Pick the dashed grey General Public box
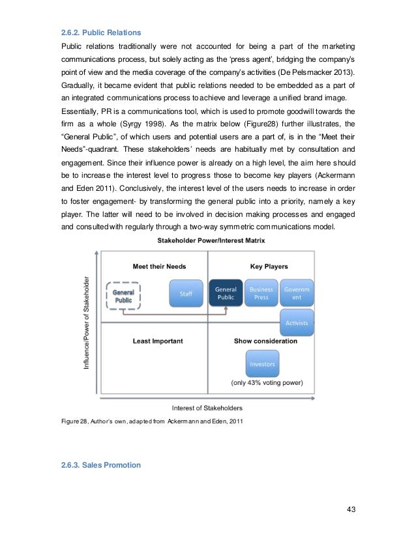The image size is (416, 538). point(123,296)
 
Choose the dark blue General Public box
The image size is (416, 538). point(226,294)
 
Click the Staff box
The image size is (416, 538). point(186,294)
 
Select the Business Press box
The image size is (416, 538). point(262,294)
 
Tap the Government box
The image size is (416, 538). point(297,293)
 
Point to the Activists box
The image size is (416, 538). point(297,322)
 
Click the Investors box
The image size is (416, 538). point(262,364)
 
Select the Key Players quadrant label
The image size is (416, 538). point(269,266)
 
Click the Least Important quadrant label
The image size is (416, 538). point(158,341)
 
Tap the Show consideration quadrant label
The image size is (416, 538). point(265,341)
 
